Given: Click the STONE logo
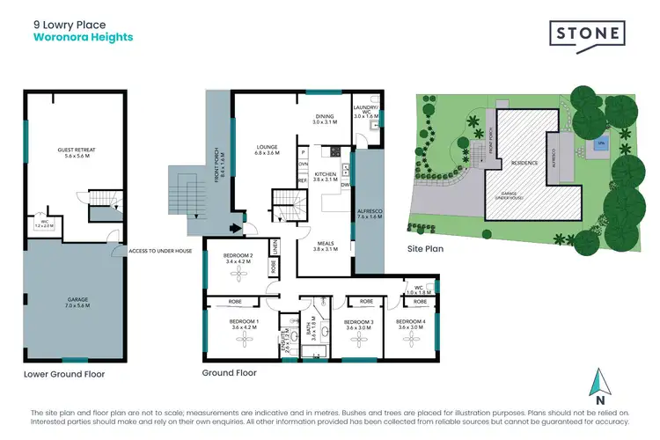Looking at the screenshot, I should coord(588,34).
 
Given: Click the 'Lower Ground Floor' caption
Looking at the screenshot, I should coord(64,374).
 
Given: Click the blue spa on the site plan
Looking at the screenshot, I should coord(601,143).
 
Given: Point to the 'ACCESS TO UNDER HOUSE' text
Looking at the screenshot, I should coord(160,251).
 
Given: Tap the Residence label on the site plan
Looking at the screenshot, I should coord(523,164).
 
